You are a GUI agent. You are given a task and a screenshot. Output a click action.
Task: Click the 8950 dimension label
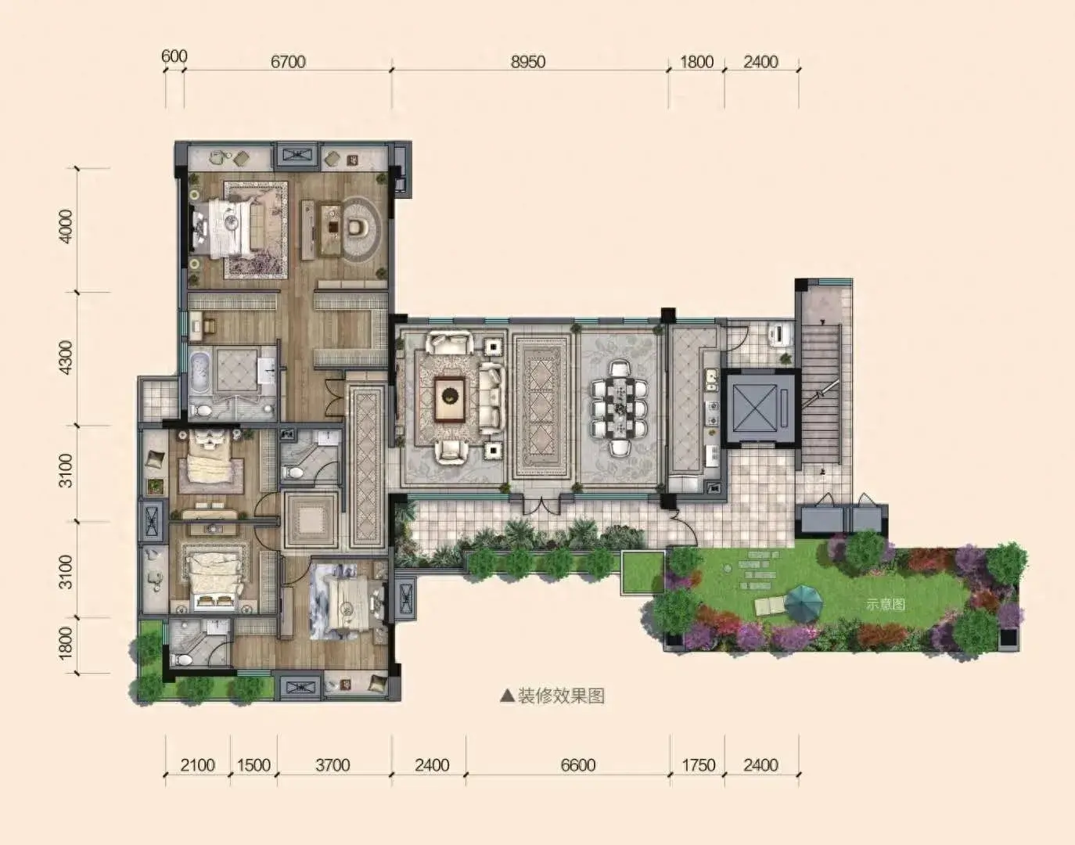(528, 62)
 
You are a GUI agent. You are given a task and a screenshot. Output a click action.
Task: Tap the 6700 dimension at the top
(288, 62)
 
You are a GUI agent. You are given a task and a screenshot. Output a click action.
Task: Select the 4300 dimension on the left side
(65, 358)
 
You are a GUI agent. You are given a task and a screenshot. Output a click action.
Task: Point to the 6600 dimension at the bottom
(578, 765)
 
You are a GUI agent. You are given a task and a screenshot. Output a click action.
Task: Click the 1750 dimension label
(699, 765)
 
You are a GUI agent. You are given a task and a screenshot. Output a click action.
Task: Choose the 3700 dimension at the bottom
(333, 765)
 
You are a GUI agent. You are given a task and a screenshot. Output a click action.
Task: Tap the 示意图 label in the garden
(886, 604)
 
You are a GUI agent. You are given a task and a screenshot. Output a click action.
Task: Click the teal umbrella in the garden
(804, 603)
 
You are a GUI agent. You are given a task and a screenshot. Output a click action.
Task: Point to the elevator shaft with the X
(757, 408)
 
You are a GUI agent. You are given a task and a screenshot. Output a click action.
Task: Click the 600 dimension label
(174, 56)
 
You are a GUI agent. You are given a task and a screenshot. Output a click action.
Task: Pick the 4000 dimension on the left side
(65, 227)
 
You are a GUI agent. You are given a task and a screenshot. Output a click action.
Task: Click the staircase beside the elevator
(821, 394)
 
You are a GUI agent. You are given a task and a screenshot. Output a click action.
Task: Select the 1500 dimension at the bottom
(253, 765)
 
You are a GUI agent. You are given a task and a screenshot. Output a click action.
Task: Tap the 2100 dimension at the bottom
(197, 765)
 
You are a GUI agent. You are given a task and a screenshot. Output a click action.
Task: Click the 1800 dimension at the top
(696, 62)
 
